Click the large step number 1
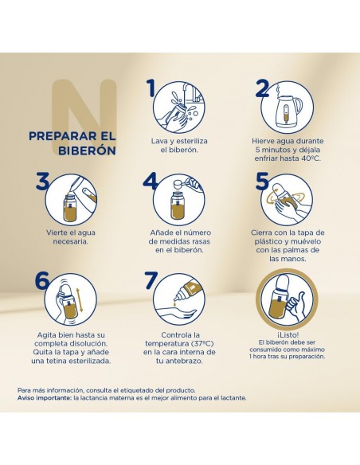pyautogui.click(x=152, y=88)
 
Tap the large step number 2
pyautogui.click(x=262, y=88)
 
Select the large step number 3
pyautogui.click(x=42, y=181)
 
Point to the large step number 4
pyautogui.click(x=151, y=181)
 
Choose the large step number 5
pyautogui.click(x=262, y=181)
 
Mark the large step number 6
pyautogui.click(x=42, y=280)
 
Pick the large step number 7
pyautogui.click(x=151, y=280)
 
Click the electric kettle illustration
pyautogui.click(x=288, y=110)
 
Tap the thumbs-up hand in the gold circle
pyautogui.click(x=295, y=308)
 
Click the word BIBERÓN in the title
pyautogui.click(x=87, y=150)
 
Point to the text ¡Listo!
pyautogui.click(x=287, y=334)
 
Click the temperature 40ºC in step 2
pyautogui.click(x=311, y=158)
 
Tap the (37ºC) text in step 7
pyautogui.click(x=202, y=344)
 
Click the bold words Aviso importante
pyautogui.click(x=45, y=398)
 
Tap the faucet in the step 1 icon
pyautogui.click(x=188, y=89)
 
